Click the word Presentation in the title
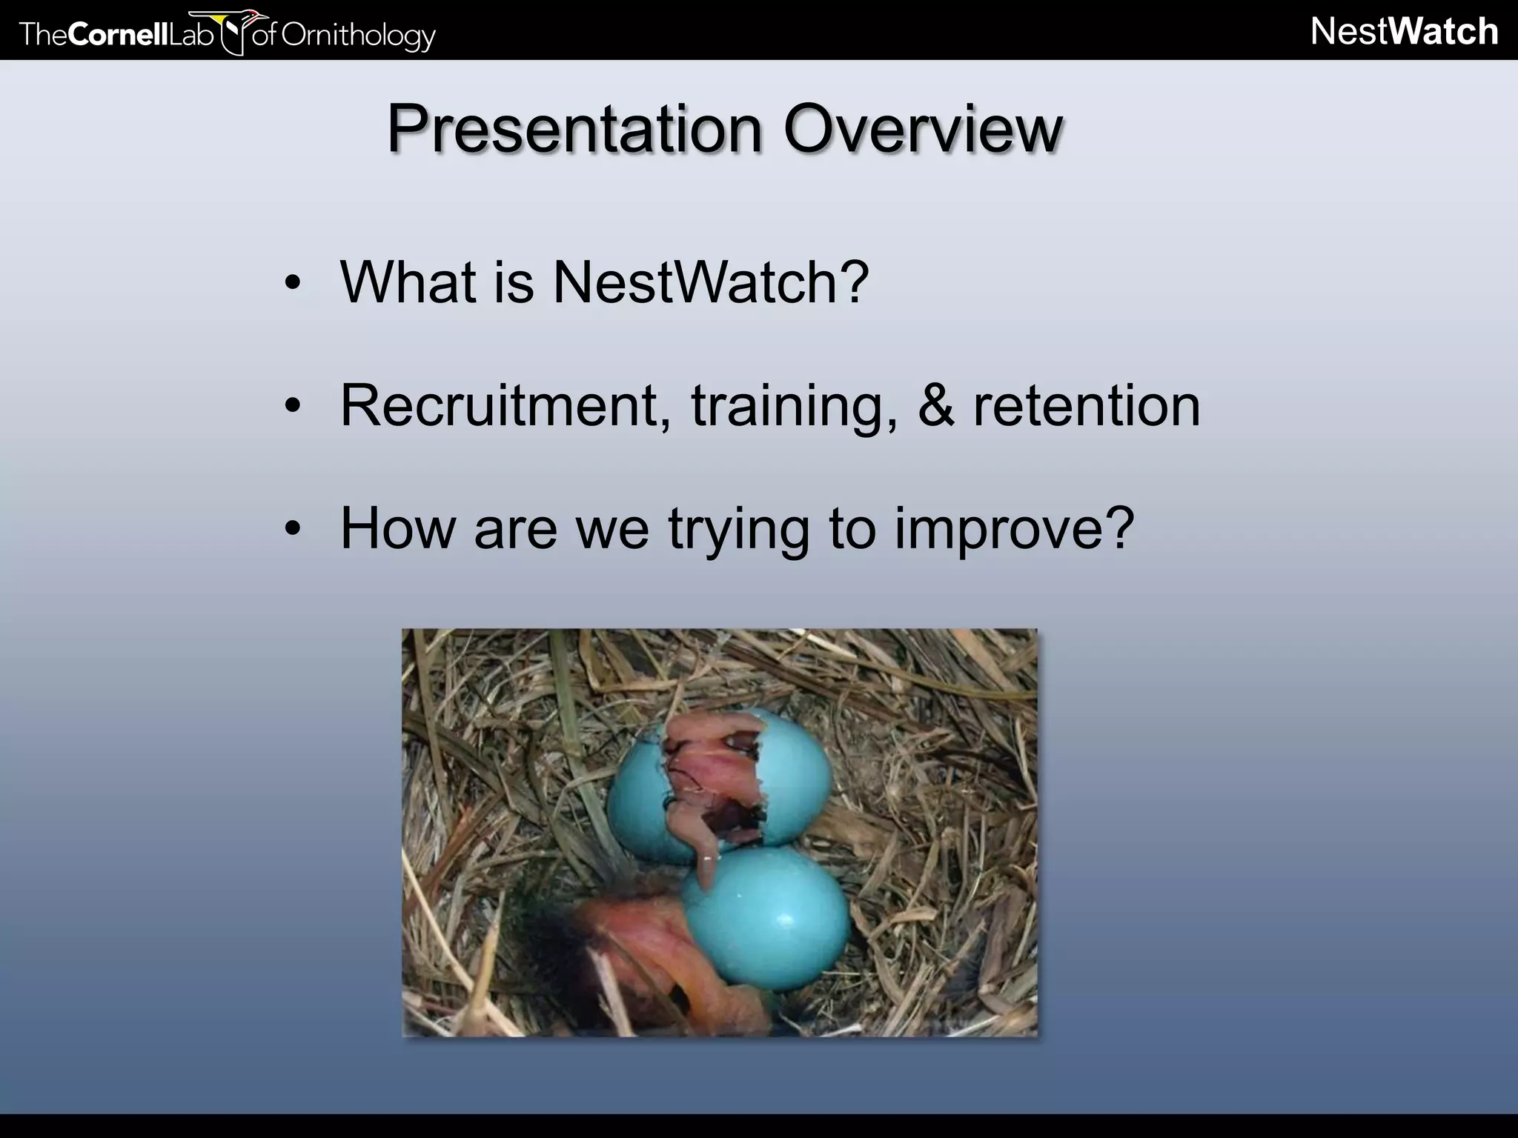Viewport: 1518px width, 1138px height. click(573, 129)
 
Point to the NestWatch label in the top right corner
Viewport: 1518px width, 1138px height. click(1404, 32)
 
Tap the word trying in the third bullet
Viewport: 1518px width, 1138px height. click(738, 530)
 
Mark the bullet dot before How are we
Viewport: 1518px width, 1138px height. click(293, 530)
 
